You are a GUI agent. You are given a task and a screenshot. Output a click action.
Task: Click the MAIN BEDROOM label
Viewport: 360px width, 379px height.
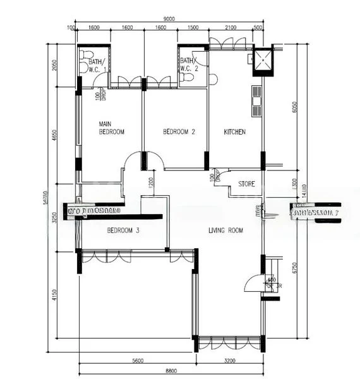pos(111,128)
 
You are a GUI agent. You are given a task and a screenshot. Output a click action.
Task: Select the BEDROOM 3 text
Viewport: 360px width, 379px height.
pos(123,231)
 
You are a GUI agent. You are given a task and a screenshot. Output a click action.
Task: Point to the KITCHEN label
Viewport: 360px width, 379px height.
pos(234,132)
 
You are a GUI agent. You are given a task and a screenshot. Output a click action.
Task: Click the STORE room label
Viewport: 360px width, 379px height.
pos(246,184)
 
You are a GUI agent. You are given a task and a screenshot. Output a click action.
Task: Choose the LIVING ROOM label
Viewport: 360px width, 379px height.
pos(225,231)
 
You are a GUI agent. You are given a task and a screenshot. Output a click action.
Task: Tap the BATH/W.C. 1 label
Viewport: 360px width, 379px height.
pos(96,65)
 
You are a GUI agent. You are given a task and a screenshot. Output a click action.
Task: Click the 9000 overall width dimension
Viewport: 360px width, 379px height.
pos(167,18)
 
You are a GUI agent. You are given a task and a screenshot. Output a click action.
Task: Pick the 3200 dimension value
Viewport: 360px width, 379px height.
pos(230,361)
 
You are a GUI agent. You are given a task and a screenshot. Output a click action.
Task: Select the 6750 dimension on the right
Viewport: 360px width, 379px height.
pos(294,268)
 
